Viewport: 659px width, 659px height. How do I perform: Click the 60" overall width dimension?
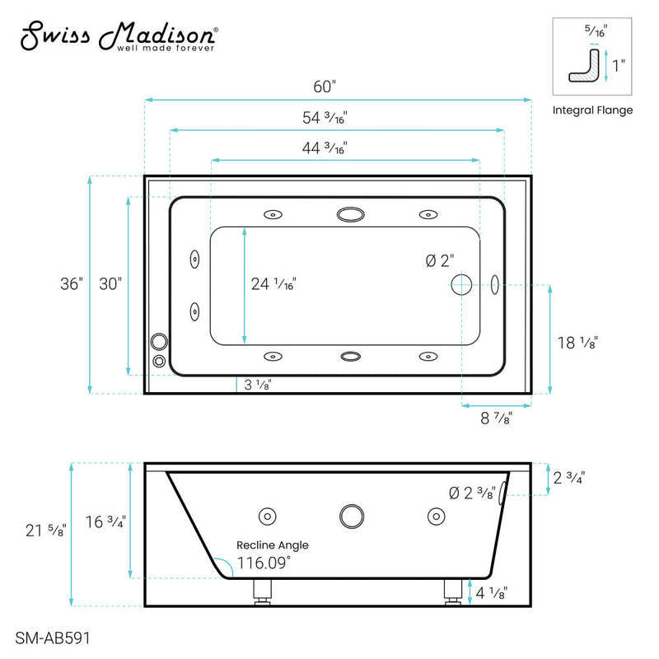[x=325, y=86]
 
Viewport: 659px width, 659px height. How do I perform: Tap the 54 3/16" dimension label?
[x=325, y=117]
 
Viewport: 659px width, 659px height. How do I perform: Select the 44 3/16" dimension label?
[x=325, y=148]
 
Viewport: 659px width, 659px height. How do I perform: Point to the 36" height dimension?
[x=71, y=283]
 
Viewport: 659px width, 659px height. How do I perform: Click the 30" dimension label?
[x=110, y=283]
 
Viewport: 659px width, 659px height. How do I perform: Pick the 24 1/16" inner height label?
[x=273, y=284]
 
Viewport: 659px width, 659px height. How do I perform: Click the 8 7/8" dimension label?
[x=496, y=418]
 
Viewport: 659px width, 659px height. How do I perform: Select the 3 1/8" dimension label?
[x=256, y=384]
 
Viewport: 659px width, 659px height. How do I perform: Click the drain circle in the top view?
[x=460, y=286]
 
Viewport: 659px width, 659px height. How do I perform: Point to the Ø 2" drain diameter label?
[x=440, y=260]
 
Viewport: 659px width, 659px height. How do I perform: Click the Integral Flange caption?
[x=592, y=110]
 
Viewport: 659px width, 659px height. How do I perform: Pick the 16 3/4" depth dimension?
[x=105, y=522]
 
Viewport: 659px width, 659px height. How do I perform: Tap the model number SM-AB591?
[x=53, y=637]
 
